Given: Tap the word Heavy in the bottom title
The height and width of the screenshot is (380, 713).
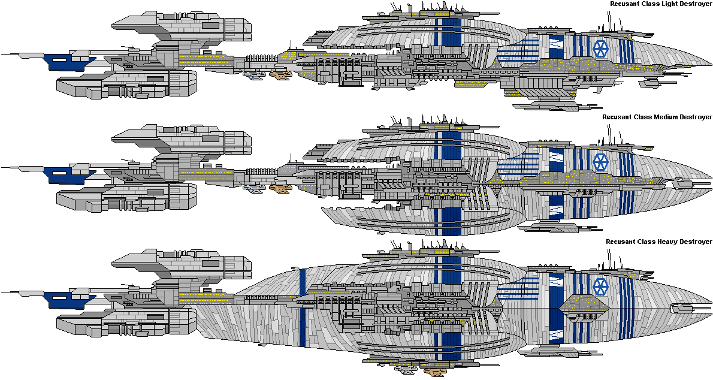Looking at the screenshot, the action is pos(667,242).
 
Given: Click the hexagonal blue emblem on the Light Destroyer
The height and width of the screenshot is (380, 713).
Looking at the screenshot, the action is pos(601,48).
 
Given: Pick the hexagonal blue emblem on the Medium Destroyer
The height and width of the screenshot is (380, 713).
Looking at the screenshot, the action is pos(601,161).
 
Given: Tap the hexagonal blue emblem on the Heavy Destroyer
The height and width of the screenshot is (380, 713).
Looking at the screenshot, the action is pos(601,286).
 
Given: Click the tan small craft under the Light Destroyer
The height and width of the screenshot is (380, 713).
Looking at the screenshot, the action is pos(281,75).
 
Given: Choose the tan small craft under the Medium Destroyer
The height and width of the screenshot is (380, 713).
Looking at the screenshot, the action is pos(281,188).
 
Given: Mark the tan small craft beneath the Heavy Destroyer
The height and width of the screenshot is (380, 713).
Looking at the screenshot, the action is pos(435,372).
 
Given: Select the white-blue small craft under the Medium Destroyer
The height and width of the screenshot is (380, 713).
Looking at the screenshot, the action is pos(253,189).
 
